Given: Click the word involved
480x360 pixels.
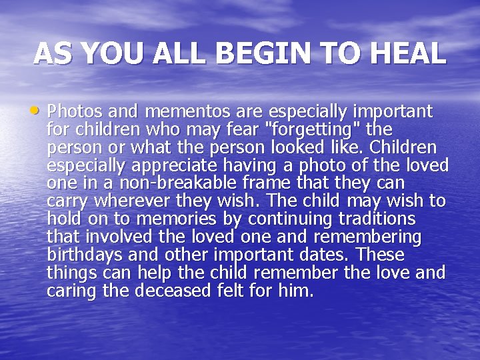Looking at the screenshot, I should pyautogui.click(x=114, y=237).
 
